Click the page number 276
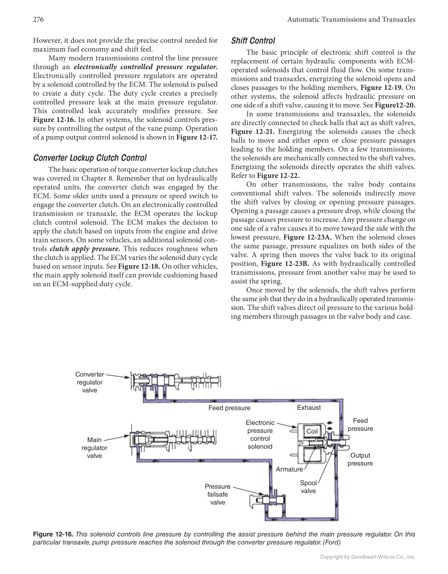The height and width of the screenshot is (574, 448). click(x=37, y=20)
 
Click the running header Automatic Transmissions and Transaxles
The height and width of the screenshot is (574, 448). click(x=351, y=20)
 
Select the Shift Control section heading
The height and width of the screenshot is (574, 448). click(x=253, y=41)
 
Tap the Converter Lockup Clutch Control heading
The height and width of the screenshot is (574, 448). click(x=90, y=157)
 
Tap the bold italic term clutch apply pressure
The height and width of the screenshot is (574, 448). click(x=84, y=248)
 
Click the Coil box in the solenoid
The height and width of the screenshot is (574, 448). click(x=312, y=431)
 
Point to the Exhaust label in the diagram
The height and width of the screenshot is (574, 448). click(x=309, y=408)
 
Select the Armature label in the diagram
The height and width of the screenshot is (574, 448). click(x=289, y=469)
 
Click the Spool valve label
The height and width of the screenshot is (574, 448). click(x=308, y=487)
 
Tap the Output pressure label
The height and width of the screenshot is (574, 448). click(x=360, y=459)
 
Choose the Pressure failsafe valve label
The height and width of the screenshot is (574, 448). click(x=217, y=494)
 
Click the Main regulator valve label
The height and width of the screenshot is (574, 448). click(x=94, y=448)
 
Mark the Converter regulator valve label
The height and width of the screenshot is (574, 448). click(x=90, y=382)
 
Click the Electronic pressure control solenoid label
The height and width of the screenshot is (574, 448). click(x=260, y=435)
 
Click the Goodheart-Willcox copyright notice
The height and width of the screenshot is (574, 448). click(x=368, y=557)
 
